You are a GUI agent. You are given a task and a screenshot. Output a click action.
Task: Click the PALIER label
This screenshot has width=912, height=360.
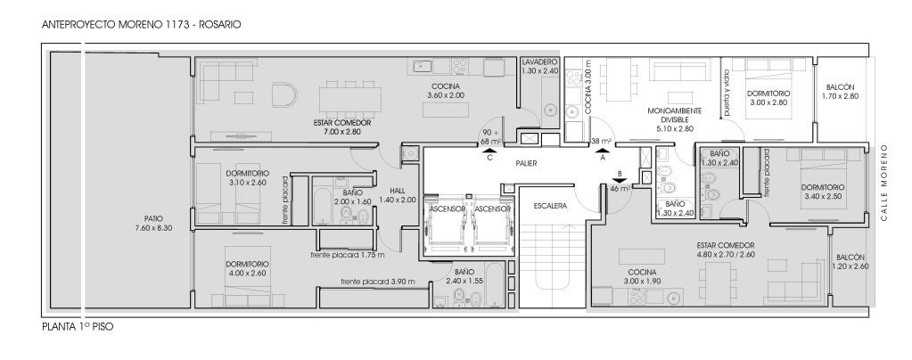pos(526,163)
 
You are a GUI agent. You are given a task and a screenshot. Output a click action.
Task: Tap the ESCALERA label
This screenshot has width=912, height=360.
pos(550,205)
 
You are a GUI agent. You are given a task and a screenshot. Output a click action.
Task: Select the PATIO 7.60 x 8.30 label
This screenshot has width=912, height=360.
pos(153,224)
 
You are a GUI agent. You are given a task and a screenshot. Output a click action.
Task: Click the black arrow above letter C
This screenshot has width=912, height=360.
pos(489,150)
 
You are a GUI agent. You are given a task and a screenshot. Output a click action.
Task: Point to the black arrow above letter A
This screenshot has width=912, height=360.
pos(603,150)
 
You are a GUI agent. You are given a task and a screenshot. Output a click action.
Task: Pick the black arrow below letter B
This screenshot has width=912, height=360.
pos(620,181)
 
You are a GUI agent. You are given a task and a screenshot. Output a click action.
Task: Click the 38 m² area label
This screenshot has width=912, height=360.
pos(601,141)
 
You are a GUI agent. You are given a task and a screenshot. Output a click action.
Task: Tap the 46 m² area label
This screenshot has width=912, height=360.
pos(620,188)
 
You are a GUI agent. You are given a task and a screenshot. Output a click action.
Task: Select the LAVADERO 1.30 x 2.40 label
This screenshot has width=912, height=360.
pos(540,66)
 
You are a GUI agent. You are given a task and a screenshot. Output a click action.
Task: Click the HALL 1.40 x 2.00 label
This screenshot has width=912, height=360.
pos(398,195)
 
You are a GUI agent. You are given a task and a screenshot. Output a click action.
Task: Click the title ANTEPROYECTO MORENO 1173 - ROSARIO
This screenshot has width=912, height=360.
pos(142,25)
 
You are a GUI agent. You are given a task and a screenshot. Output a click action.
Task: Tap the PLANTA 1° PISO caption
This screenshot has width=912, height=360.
pos(78,327)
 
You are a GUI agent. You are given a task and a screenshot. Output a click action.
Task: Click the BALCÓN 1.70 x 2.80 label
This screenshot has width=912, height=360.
pos(841,92)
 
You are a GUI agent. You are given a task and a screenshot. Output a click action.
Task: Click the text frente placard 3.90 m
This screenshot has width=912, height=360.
pos(378,282)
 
